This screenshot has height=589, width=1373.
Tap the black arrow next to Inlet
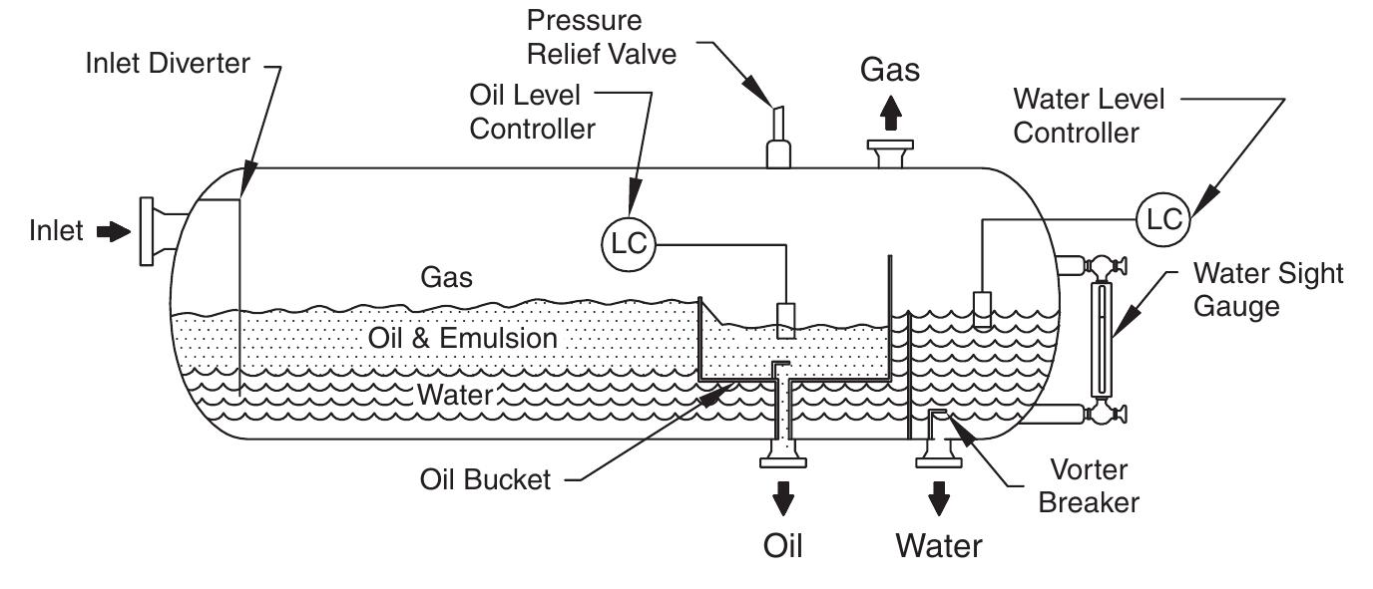coord(113,232)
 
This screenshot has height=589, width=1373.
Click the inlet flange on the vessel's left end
coord(148,231)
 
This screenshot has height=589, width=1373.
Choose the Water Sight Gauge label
coord(1268,289)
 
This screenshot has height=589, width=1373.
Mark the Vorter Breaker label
coord(1088,485)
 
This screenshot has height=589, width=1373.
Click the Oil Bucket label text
coord(485,480)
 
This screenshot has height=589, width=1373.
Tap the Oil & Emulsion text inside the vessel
coord(462,338)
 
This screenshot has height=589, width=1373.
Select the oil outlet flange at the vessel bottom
coord(784,459)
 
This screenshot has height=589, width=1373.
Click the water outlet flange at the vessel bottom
coord(938,459)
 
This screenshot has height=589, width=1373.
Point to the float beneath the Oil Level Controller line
coord(787,318)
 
